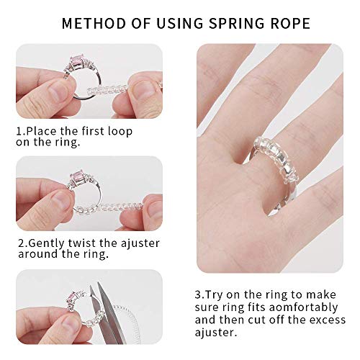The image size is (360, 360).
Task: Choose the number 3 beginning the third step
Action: [199, 295]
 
